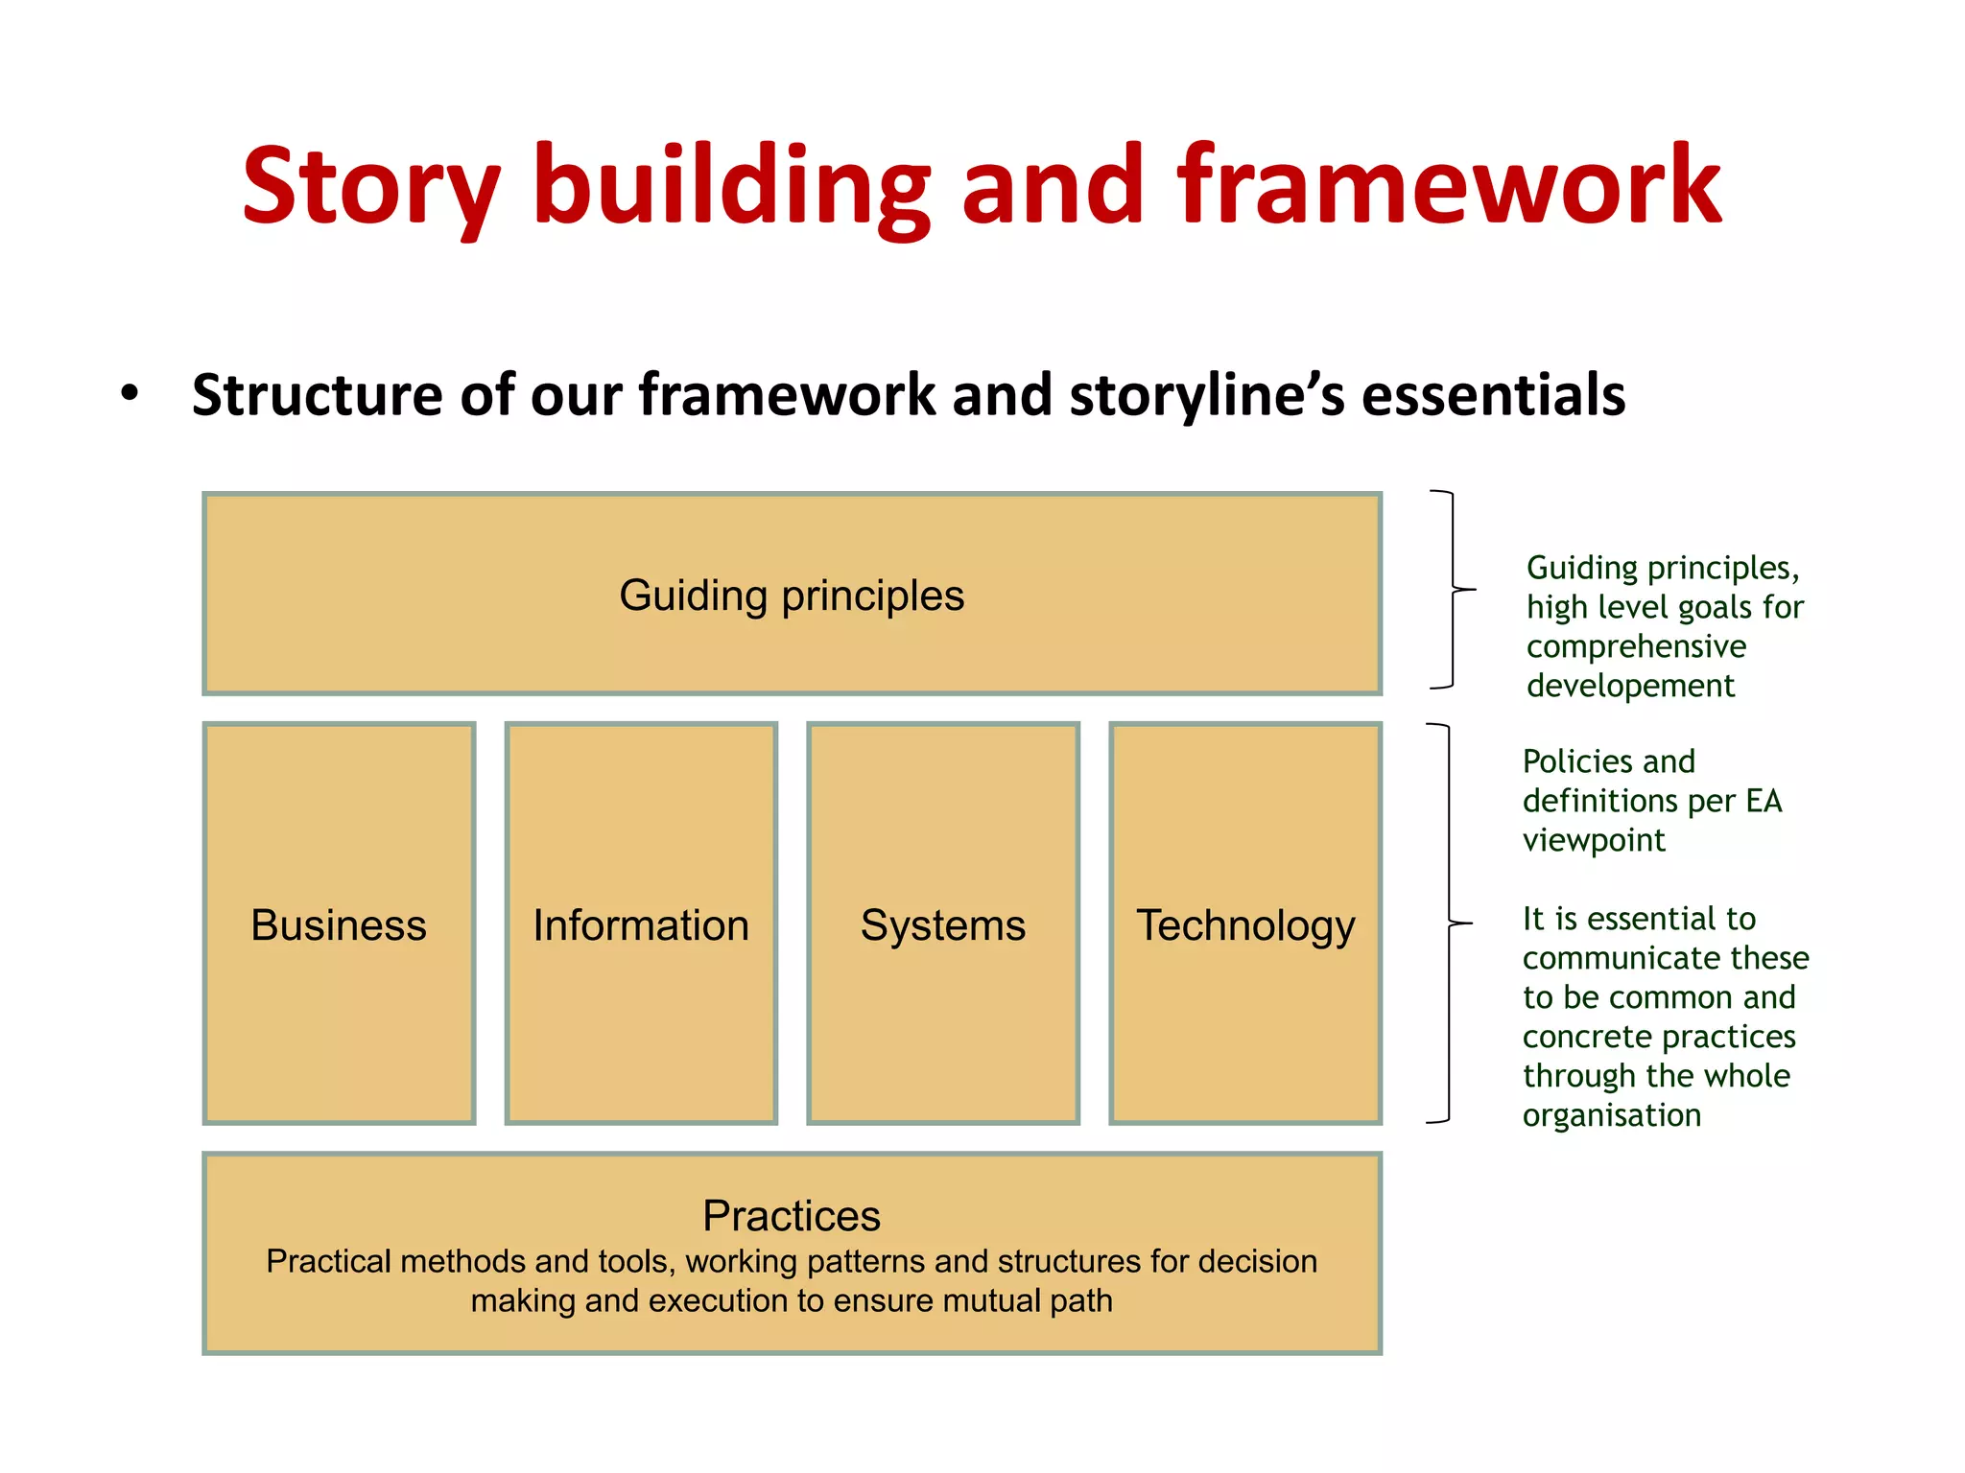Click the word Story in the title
point(369,187)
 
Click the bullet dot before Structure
point(130,393)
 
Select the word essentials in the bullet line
point(1493,395)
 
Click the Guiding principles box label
point(792,596)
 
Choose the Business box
point(339,924)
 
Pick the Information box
point(641,924)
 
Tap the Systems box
point(943,924)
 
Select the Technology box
point(1245,924)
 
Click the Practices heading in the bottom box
point(792,1216)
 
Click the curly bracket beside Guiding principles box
point(1454,589)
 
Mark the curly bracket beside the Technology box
point(1449,923)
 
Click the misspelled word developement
point(1630,687)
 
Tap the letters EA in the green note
point(1764,801)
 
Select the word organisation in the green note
point(1612,1115)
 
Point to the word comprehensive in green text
point(1636,647)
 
